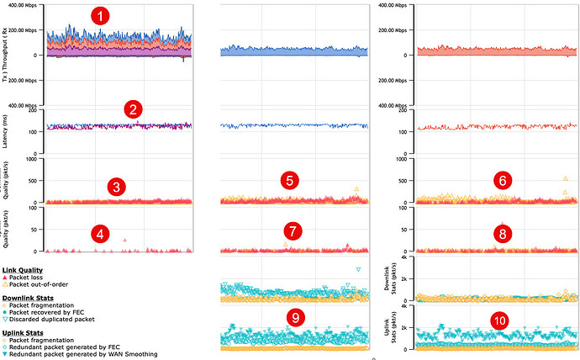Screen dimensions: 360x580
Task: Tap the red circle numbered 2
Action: click(x=132, y=109)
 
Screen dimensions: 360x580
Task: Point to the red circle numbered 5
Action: click(x=288, y=180)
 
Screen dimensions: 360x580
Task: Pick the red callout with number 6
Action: click(x=503, y=180)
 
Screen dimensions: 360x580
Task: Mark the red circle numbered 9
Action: click(x=295, y=317)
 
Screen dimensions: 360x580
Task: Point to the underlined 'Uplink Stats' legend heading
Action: click(x=24, y=333)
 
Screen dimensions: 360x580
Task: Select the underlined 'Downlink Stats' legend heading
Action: click(x=27, y=297)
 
